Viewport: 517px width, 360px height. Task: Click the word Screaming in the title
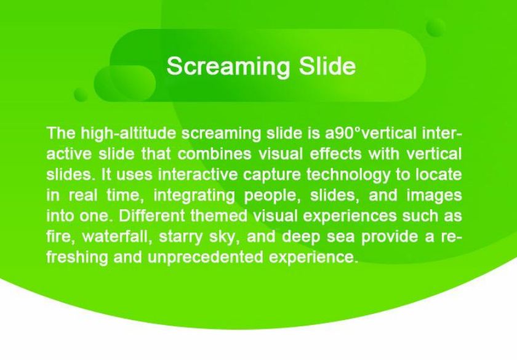(x=228, y=67)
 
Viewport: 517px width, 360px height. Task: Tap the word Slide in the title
(x=327, y=66)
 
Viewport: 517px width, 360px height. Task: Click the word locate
(x=438, y=175)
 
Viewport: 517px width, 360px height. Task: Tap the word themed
(x=219, y=216)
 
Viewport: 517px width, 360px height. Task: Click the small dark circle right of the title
(x=436, y=28)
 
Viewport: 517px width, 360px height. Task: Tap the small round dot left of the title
(x=81, y=95)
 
